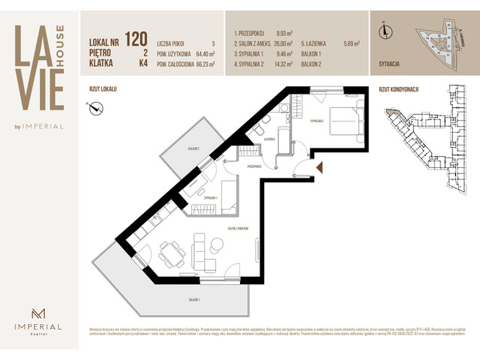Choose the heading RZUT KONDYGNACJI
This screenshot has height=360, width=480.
(x=399, y=88)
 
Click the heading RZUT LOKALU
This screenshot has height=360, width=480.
(x=103, y=88)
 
